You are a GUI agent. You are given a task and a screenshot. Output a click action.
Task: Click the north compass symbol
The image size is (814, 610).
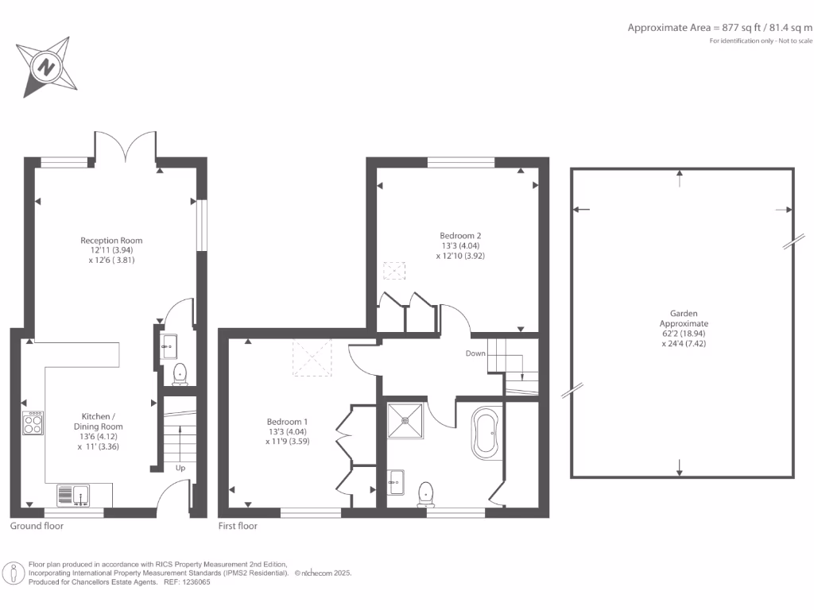46,67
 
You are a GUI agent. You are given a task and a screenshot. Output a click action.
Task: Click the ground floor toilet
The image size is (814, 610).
179,373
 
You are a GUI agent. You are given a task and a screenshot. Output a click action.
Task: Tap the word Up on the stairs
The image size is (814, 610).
180,468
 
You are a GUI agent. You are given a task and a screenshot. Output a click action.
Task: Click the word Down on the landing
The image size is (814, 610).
475,353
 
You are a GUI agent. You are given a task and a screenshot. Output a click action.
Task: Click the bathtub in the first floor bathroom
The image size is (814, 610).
486,433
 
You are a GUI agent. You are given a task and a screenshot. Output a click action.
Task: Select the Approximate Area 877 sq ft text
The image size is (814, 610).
719,28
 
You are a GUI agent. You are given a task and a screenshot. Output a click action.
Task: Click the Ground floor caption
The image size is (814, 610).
37,526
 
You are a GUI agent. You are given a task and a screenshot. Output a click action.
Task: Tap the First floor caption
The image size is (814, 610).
238,526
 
